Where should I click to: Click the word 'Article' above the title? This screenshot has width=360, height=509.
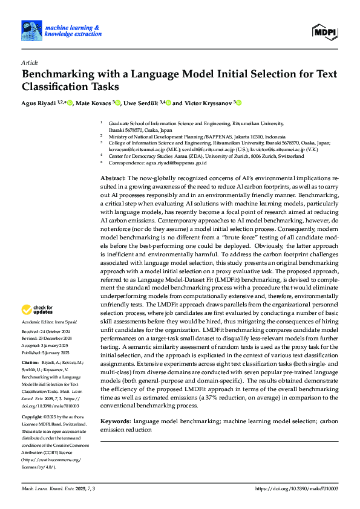[x=29, y=62]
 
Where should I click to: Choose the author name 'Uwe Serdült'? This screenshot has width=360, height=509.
[x=143, y=103]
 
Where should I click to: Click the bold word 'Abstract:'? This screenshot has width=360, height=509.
[x=112, y=179]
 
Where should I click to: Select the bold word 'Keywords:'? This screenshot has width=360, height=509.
[x=115, y=403]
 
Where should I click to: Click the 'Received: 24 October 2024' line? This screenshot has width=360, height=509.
[x=47, y=332]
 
